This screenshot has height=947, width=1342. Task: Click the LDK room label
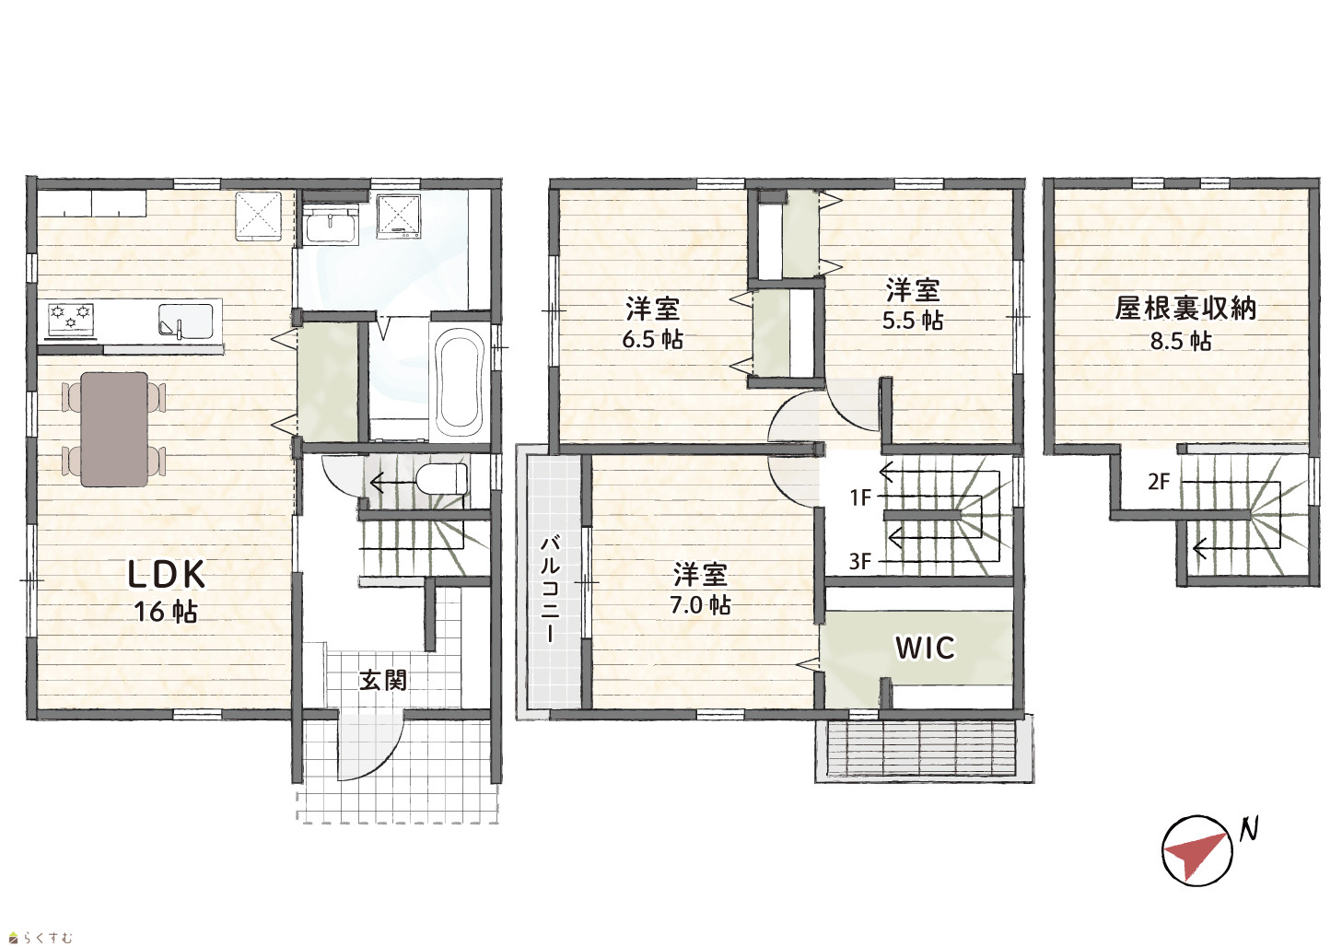167,574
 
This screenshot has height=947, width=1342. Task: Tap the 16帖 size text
166,612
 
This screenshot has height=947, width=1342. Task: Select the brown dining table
114,429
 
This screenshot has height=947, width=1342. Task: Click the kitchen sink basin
186,321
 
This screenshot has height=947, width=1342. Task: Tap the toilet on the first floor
441,478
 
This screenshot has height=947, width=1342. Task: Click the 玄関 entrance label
383,680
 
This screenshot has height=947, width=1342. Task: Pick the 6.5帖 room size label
652,340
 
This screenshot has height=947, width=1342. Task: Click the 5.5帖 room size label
913,321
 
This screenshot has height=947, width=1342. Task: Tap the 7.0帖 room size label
700,605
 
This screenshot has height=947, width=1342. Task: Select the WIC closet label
925,648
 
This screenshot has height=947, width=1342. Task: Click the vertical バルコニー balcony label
551,590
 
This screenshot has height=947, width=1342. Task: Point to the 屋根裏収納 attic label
1185,308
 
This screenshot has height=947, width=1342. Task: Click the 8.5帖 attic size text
1181,341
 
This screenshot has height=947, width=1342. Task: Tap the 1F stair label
860,497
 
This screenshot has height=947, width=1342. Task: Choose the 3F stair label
860,562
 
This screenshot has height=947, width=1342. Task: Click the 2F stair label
1159,481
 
